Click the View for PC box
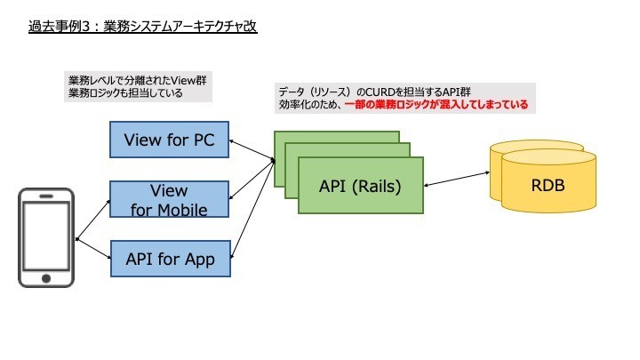tap(170, 139)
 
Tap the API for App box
tap(170, 259)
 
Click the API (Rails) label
tap(360, 187)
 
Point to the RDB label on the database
tap(548, 186)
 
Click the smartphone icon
tap(47, 236)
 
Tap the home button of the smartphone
tap(47, 278)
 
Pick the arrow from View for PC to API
tap(251, 149)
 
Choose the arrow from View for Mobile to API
tap(251, 183)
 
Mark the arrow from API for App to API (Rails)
tap(251, 213)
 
